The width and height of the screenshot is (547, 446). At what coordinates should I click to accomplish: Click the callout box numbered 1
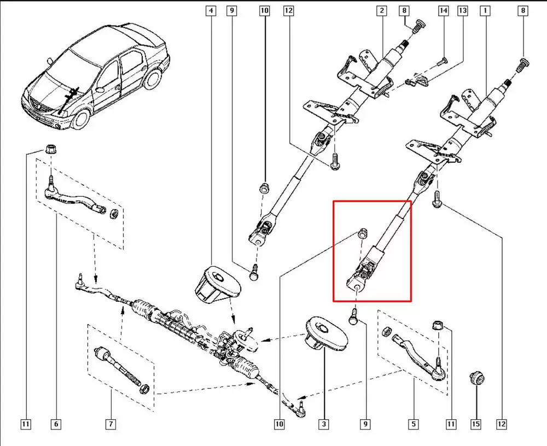coord(485,10)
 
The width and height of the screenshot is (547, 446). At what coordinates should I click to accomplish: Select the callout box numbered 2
coord(381,10)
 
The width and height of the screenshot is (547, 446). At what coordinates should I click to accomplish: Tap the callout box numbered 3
coord(324,424)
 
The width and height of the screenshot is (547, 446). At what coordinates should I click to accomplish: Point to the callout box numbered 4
coord(211,10)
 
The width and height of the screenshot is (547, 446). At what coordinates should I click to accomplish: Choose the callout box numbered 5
coord(414,424)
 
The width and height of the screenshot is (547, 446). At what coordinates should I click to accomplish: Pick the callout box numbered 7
coord(110,424)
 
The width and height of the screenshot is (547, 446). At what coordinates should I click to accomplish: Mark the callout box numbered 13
coord(463,10)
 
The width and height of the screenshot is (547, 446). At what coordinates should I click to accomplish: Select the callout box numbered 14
coord(443,10)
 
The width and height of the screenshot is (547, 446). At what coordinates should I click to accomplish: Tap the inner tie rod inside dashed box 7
coord(119,367)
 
